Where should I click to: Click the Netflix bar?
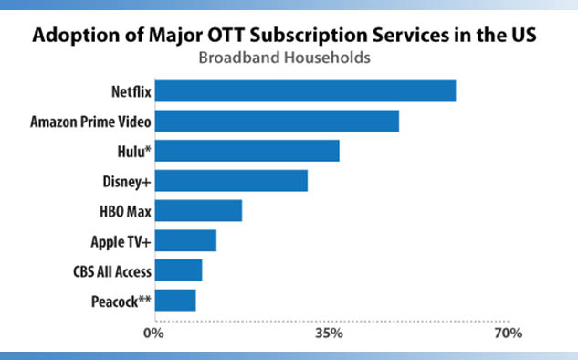click(305, 90)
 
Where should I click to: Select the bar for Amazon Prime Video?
click(277, 121)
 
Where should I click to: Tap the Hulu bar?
click(247, 151)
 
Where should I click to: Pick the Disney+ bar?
click(231, 180)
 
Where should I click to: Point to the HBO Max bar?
click(198, 211)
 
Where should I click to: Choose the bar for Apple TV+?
click(185, 240)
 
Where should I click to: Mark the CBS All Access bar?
click(178, 270)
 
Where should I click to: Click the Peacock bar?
click(175, 301)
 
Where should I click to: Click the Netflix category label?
click(131, 91)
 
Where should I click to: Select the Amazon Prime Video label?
click(90, 122)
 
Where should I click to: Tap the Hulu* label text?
click(134, 152)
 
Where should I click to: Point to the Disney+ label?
click(127, 182)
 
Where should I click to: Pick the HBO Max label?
click(125, 211)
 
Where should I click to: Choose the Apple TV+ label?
click(121, 242)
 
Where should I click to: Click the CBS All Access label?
click(112, 271)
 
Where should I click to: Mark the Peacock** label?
click(121, 302)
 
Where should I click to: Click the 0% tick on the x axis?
click(153, 334)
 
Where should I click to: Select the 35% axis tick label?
click(329, 334)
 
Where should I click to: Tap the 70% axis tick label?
click(509, 334)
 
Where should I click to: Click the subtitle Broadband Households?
click(284, 58)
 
